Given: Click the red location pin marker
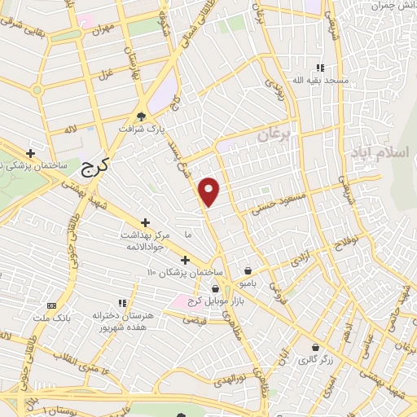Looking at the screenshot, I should click(x=210, y=191).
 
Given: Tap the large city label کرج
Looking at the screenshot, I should click(x=99, y=169).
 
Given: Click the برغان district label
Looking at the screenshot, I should click(x=273, y=135).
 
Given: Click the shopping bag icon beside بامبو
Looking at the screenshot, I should click(x=248, y=270).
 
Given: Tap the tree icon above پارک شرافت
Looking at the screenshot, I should click(x=142, y=116).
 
